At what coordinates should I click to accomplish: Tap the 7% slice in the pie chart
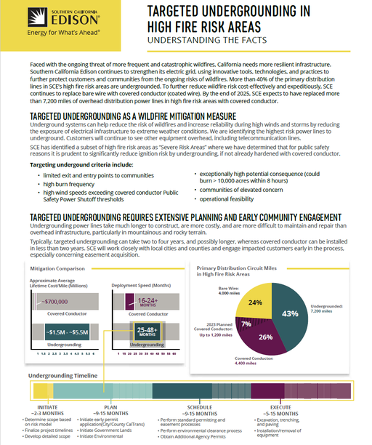[248, 323]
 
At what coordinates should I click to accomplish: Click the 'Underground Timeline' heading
[62, 375]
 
